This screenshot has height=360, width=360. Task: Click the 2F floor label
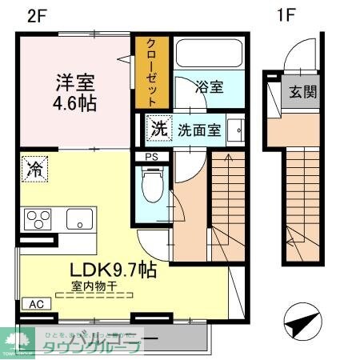[23, 17]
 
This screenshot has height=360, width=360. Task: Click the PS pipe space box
[151, 157]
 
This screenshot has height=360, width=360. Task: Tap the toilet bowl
[150, 186]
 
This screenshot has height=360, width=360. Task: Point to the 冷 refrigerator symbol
[35, 168]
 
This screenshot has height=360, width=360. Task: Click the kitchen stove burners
[38, 218]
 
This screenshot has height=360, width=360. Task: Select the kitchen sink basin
[79, 218]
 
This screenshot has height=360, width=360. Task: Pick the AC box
[36, 304]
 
